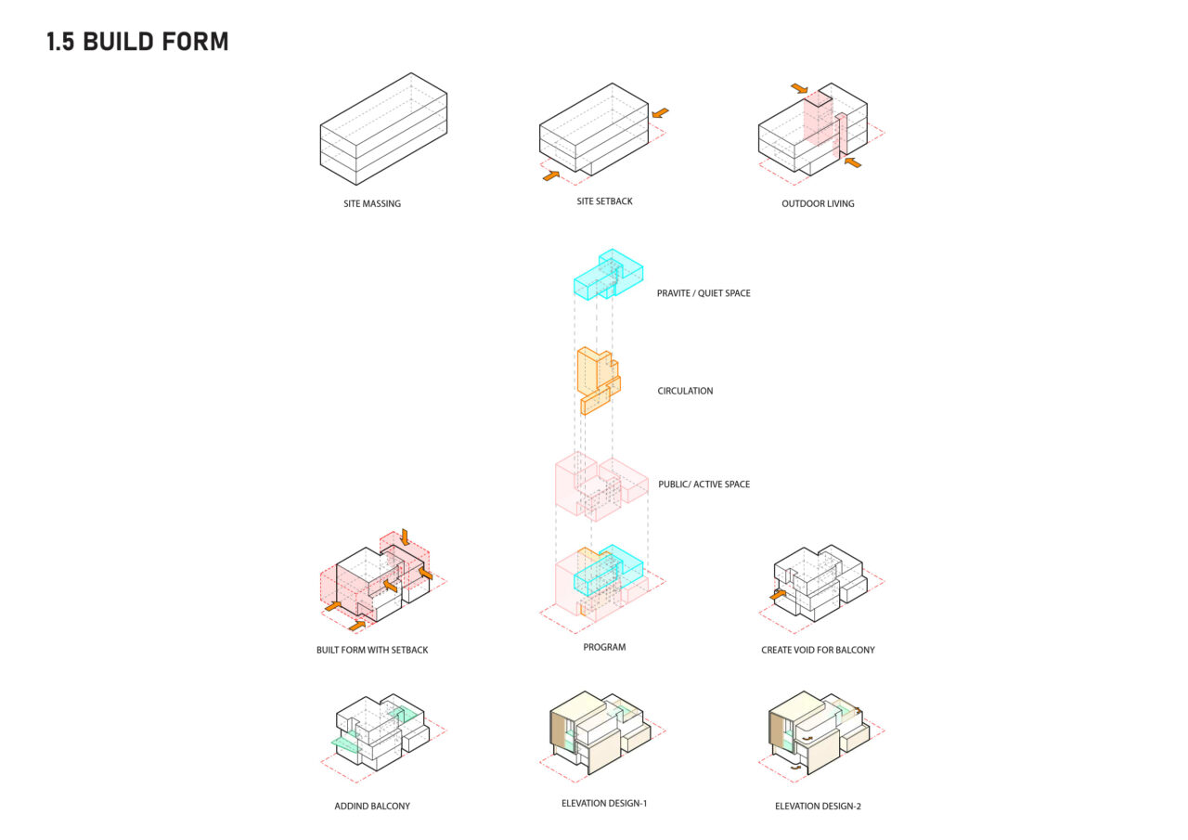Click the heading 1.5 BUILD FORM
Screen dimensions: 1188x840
pyautogui.click(x=137, y=42)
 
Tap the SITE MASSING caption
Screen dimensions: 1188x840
pyautogui.click(x=372, y=203)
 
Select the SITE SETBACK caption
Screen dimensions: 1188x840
pyautogui.click(x=604, y=201)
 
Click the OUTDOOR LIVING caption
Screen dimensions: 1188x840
pyautogui.click(x=818, y=203)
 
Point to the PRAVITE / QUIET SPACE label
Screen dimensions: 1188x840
pyautogui.click(x=704, y=293)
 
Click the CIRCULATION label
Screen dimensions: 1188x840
pyautogui.click(x=685, y=391)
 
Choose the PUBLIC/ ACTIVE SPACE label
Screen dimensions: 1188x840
pyautogui.click(x=704, y=485)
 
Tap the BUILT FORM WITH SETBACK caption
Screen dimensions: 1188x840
pyautogui.click(x=372, y=650)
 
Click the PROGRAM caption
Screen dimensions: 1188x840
pyautogui.click(x=604, y=648)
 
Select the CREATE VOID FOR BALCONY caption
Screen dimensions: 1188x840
pyautogui.click(x=818, y=650)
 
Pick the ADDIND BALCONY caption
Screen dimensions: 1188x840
pyautogui.click(x=372, y=806)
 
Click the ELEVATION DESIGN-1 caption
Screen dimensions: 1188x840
pyautogui.click(x=604, y=804)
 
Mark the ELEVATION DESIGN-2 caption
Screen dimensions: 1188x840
pyautogui.click(x=818, y=806)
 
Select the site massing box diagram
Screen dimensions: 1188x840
pyautogui.click(x=383, y=129)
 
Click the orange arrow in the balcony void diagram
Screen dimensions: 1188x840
pyautogui.click(x=778, y=595)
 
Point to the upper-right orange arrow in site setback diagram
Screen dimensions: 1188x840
pyautogui.click(x=660, y=113)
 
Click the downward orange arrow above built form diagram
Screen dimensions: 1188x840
pyautogui.click(x=406, y=536)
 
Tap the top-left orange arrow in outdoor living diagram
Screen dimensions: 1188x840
pyautogui.click(x=799, y=88)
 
